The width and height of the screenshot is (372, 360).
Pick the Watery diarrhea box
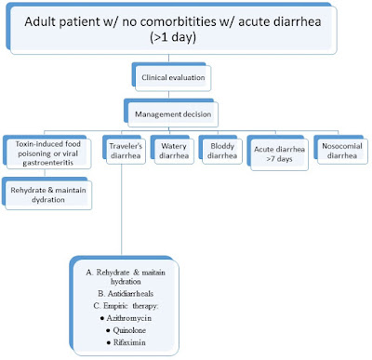[x=173, y=149]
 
